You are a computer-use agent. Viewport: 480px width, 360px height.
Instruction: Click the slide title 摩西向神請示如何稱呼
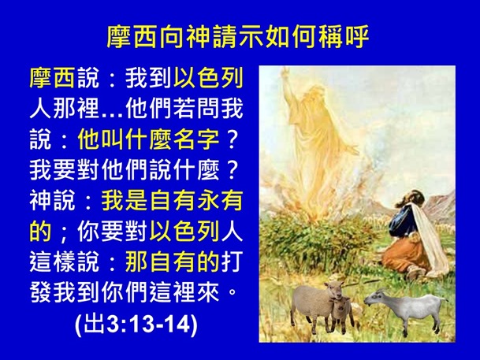[239, 37]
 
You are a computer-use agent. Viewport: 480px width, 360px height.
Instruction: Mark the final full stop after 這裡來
[233, 295]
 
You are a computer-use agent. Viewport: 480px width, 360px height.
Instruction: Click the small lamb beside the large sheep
[340, 312]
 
